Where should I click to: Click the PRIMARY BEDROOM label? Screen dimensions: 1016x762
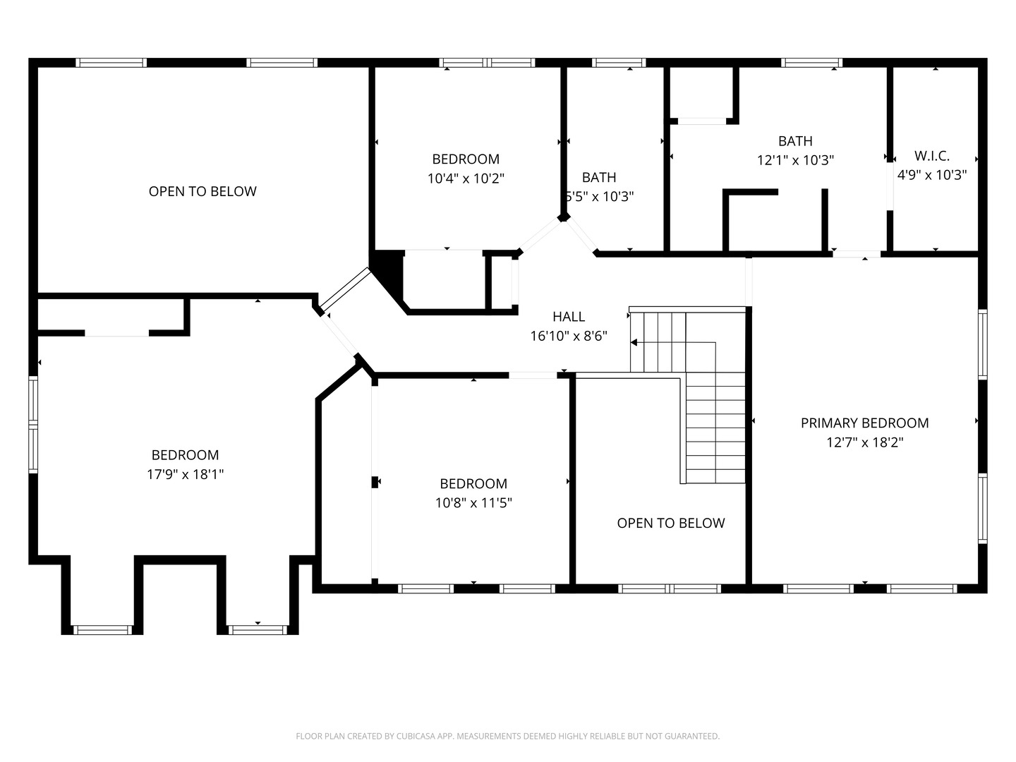(864, 423)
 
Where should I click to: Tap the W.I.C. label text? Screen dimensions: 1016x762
(932, 156)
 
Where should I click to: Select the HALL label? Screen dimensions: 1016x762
(569, 317)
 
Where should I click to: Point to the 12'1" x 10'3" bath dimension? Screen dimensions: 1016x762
(795, 160)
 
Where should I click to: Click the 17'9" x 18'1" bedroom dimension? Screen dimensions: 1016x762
(185, 474)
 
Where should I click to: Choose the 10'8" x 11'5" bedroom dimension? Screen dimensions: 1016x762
(473, 502)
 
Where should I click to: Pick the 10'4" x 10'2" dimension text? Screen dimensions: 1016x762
(466, 178)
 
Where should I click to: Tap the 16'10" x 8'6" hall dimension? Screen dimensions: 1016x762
(569, 335)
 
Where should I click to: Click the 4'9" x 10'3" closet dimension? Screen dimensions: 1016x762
(932, 175)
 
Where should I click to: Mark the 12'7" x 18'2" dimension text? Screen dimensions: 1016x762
(864, 442)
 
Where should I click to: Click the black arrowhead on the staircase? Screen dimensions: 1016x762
(634, 342)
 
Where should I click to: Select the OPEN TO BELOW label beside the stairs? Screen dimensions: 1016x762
(671, 523)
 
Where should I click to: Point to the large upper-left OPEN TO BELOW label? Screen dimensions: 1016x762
(202, 191)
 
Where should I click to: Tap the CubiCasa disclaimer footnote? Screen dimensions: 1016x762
(508, 736)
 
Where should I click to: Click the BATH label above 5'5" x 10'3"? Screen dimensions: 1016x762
(599, 177)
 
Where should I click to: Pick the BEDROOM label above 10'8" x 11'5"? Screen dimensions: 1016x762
(473, 483)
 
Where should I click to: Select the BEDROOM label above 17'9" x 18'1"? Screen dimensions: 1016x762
(185, 455)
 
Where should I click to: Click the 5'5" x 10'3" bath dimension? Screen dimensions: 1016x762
(600, 197)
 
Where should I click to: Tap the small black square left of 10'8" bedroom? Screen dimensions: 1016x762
(375, 482)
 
